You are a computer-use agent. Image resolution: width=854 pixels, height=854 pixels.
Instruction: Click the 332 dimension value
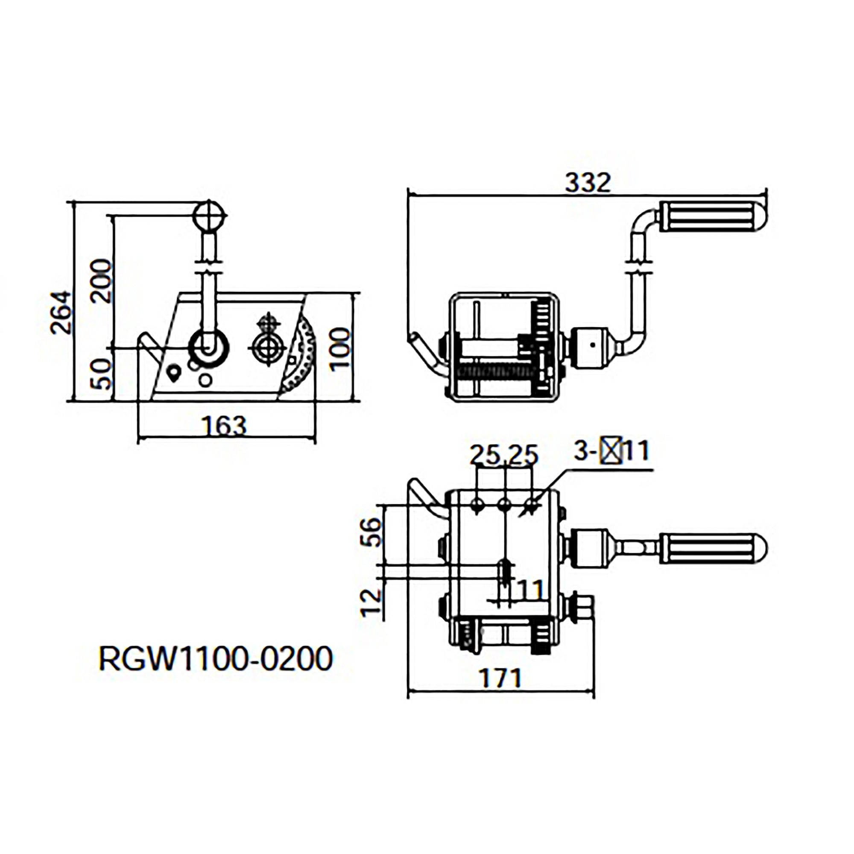click(588, 183)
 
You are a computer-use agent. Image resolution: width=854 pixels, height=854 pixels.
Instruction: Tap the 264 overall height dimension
click(61, 312)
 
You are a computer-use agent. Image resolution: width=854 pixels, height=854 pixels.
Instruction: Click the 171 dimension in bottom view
click(501, 678)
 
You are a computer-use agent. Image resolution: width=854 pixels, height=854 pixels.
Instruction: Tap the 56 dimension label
click(370, 532)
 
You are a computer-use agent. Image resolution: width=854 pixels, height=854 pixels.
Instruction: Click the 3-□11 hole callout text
click(611, 451)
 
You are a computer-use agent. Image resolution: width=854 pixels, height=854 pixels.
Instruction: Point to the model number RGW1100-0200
click(215, 658)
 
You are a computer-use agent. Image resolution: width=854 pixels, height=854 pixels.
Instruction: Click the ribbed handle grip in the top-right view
click(713, 216)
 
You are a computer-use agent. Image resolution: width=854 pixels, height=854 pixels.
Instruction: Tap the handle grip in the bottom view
click(713, 549)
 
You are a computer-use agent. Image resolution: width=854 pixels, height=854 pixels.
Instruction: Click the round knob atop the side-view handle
click(209, 216)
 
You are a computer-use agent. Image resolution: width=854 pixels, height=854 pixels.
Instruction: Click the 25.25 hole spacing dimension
click(504, 455)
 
